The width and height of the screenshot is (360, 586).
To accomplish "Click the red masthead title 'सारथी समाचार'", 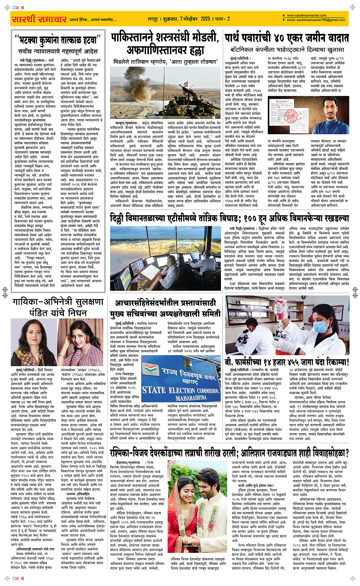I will tap(40, 19).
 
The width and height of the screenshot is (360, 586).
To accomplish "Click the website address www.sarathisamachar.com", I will tap(307, 16).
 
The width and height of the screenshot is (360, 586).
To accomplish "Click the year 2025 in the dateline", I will tap(205, 19).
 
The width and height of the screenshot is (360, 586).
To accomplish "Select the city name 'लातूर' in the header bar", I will tap(153, 19).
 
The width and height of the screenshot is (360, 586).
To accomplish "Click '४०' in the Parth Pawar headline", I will tap(280, 38).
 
